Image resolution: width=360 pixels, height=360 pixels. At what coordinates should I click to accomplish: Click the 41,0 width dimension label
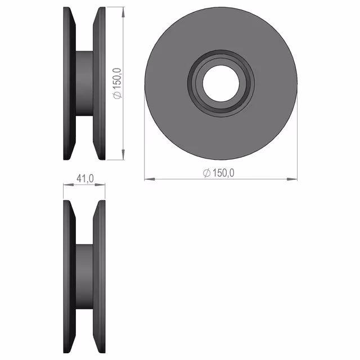(x=85, y=178)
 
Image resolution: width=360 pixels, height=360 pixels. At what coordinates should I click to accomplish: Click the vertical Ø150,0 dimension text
(x=118, y=84)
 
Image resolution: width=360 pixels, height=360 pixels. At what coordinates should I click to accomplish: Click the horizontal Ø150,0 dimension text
(x=219, y=173)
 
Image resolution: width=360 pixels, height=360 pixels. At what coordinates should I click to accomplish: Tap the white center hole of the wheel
(x=221, y=83)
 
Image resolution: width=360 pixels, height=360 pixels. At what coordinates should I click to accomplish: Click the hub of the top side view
(x=84, y=83)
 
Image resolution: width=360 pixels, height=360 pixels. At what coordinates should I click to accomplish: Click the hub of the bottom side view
(x=84, y=277)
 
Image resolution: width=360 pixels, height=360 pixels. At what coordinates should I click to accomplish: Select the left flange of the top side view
(x=69, y=83)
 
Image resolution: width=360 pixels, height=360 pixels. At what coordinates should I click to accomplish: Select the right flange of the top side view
(x=99, y=83)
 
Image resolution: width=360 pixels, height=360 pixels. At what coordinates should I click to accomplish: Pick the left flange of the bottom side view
(x=69, y=277)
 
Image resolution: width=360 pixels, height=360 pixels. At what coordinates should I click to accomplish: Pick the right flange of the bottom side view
(x=99, y=277)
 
